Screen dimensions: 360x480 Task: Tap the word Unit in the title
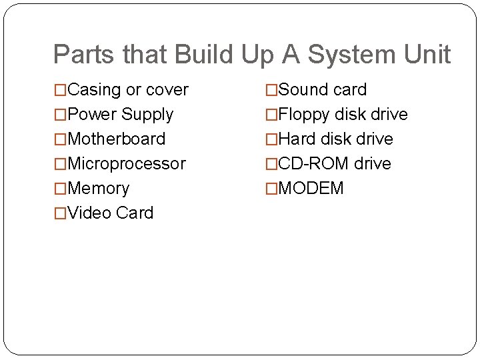pos(429,55)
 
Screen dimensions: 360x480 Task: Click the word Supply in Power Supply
pos(148,115)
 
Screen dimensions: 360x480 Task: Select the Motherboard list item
pos(116,139)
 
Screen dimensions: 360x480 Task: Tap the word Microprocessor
pos(127,164)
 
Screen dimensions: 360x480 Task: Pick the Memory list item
pos(98,189)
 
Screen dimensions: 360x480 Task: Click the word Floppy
pos(304,115)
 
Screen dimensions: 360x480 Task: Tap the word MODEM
pos(311,189)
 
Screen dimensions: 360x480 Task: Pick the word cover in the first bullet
pos(167,90)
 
